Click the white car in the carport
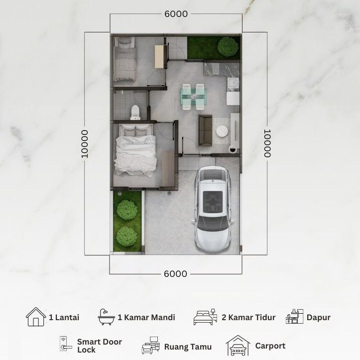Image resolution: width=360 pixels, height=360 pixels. [213, 209]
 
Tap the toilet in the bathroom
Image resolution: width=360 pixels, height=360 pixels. [135, 112]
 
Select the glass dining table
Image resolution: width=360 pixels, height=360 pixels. [193, 97]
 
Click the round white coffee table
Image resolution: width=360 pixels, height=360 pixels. [222, 131]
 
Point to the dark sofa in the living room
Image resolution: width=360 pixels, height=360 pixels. [205, 130]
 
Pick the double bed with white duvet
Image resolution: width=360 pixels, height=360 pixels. [135, 150]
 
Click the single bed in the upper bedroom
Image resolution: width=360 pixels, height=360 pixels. [124, 59]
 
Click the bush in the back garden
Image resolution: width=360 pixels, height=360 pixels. [228, 47]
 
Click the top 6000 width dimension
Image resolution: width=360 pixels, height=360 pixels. [176, 14]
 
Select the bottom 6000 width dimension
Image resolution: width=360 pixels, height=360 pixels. [176, 274]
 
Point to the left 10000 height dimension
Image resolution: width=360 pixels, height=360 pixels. [85, 144]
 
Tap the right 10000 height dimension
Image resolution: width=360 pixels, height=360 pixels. [267, 143]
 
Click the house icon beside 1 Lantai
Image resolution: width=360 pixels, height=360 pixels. [36, 317]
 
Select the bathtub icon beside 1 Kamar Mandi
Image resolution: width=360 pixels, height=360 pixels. [106, 317]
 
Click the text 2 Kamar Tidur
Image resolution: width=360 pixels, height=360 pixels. [248, 317]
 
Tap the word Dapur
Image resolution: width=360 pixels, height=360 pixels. [319, 318]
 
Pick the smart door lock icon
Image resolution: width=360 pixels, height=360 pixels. [64, 344]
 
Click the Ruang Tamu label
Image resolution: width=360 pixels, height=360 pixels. [188, 347]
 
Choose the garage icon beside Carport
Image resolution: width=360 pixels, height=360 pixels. [238, 346]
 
